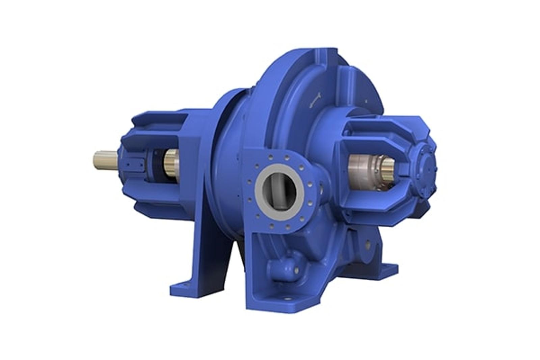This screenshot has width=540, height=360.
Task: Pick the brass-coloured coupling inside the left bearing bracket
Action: coord(172,161)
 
